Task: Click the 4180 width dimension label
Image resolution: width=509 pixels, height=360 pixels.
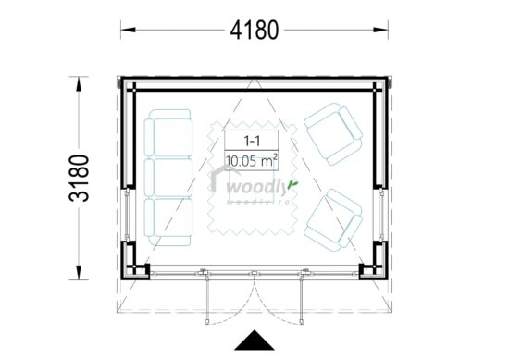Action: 254,30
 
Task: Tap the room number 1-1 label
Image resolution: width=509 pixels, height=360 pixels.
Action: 252,141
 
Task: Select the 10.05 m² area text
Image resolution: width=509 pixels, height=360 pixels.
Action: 252,161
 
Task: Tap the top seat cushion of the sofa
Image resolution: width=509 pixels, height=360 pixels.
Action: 168,135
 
